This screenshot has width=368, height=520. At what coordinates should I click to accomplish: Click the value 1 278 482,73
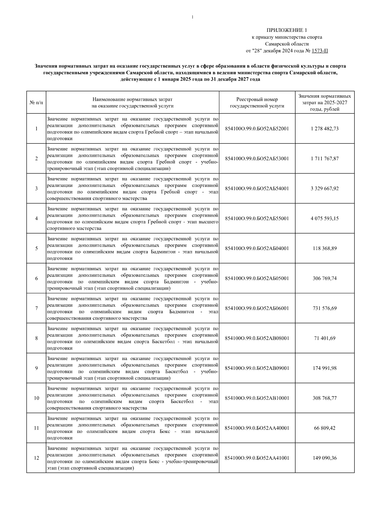point(324,129)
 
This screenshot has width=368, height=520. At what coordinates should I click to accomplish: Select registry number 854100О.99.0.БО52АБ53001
point(257,159)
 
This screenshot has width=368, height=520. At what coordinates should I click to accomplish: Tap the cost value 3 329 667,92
point(324,188)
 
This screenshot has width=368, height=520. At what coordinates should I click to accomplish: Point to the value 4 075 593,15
point(324,218)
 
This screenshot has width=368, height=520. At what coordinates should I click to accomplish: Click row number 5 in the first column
point(36,249)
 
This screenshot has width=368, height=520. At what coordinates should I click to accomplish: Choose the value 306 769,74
point(324,278)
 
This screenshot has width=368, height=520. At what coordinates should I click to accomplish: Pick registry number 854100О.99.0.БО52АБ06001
point(257,308)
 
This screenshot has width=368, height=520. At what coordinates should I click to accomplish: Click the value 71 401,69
point(324,338)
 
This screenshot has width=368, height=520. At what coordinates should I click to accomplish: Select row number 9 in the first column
point(36,368)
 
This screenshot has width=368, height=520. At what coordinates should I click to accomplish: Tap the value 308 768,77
point(324,398)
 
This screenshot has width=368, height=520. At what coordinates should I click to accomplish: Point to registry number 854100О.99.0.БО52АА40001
point(257,428)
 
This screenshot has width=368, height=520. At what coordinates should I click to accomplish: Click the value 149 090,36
point(324,458)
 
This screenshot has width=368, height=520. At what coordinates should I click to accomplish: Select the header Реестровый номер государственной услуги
point(257,103)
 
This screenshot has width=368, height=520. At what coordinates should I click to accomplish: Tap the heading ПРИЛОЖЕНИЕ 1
point(286,30)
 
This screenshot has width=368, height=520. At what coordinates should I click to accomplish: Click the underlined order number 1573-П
point(320,51)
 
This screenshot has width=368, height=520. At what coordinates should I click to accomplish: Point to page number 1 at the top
point(192,17)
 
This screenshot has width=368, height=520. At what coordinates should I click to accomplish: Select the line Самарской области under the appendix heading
point(287,44)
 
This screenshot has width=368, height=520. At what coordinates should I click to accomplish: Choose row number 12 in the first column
point(36,458)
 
